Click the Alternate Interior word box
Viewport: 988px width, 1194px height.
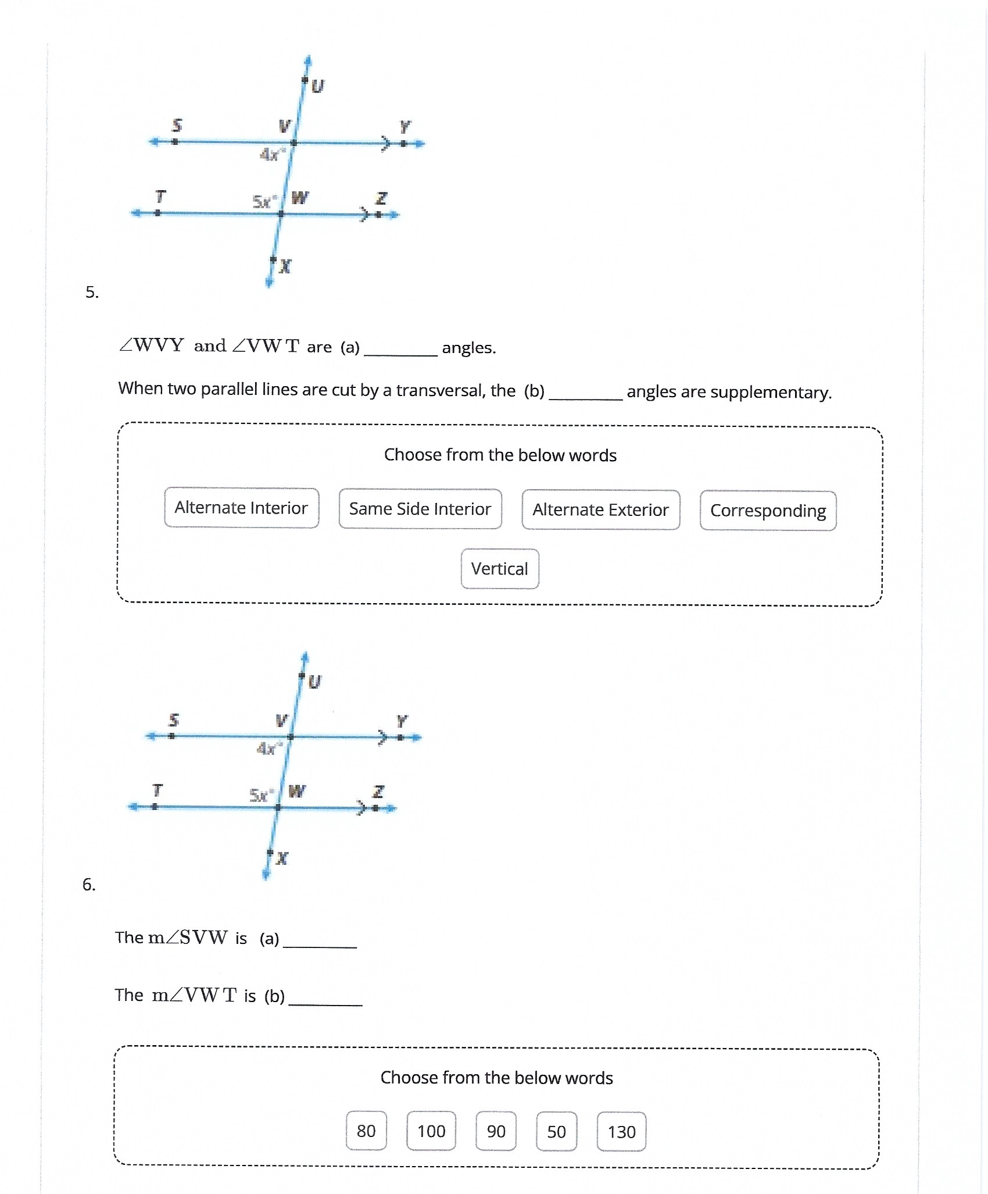[x=241, y=508]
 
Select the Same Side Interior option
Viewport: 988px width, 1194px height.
[x=420, y=509]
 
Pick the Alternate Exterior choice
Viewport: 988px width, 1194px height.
[x=600, y=510]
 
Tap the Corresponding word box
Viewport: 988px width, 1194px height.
[x=768, y=511]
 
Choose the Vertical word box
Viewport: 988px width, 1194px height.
[x=499, y=569]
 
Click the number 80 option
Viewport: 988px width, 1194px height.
[x=366, y=1131]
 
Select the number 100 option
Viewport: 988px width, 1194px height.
[x=431, y=1131]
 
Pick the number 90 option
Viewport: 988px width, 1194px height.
[x=496, y=1131]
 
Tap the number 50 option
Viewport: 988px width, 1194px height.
[x=556, y=1132]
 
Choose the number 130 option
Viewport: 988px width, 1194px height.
[x=621, y=1132]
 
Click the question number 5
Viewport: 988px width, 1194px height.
[x=92, y=292]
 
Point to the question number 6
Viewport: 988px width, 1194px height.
[x=88, y=885]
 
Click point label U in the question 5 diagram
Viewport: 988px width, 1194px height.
[x=317, y=87]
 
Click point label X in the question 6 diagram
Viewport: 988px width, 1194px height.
[x=282, y=858]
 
